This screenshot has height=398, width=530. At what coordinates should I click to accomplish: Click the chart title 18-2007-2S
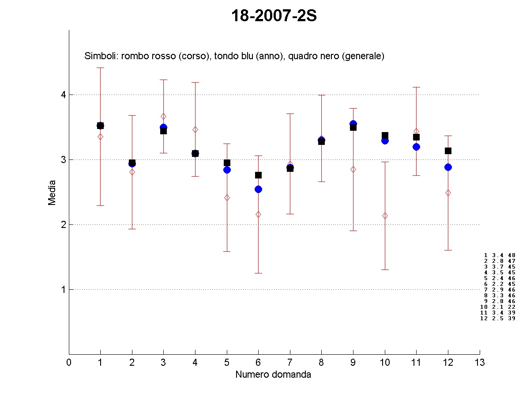coord(274,16)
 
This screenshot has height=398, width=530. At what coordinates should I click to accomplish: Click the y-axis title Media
coord(52,192)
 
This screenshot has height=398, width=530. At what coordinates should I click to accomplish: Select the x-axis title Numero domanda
coord(273,375)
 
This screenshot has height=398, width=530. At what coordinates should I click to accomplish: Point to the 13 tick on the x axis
coord(480,362)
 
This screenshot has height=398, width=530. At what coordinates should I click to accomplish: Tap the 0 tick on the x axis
coord(69,362)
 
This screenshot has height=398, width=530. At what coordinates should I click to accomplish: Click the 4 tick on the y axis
coord(63,95)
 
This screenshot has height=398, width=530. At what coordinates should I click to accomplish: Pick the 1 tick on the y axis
coord(63,289)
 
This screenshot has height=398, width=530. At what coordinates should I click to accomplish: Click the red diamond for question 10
coord(385,216)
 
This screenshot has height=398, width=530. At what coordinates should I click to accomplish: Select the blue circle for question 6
coord(258,189)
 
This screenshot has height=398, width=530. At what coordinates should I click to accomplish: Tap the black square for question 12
coord(448,151)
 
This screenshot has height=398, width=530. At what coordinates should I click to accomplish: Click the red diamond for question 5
coord(227,197)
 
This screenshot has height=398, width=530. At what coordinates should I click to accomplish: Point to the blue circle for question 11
coord(416,147)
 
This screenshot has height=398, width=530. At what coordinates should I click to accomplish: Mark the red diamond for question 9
coord(353,169)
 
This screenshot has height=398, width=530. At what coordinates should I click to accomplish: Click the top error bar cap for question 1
coord(100,68)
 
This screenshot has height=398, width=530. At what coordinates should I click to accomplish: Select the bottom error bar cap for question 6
coord(258,273)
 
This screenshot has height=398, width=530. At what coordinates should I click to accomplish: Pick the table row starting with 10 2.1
coord(497,307)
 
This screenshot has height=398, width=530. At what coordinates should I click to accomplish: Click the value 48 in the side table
coord(511,255)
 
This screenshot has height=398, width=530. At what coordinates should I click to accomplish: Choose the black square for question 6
coord(258,175)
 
